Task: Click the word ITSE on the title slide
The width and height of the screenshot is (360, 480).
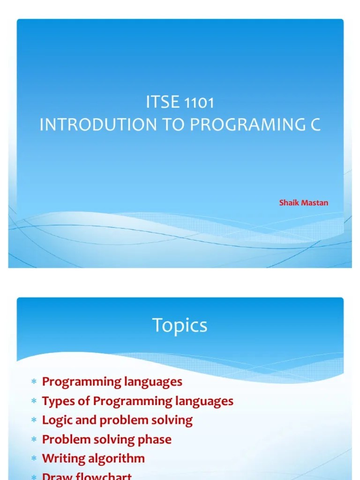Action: coord(163,103)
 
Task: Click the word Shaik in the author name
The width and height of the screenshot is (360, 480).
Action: coord(288,203)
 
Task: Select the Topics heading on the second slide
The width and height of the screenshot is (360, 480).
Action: coord(180,325)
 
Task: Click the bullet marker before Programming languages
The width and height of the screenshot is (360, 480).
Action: coord(34,382)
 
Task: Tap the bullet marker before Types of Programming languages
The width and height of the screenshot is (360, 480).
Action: coord(34,402)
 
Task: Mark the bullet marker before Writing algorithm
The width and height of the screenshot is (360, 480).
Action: coord(34,459)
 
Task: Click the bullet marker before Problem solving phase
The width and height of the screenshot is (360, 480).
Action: coord(34,440)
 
